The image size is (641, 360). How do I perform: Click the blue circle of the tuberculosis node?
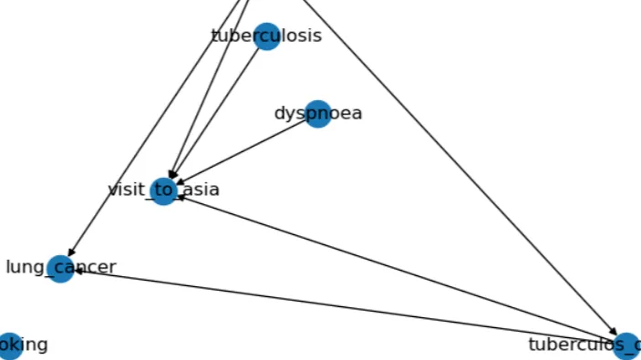tap(266, 36)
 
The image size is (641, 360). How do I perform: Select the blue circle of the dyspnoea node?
tap(317, 114)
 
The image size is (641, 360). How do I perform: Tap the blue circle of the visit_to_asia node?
tap(163, 191)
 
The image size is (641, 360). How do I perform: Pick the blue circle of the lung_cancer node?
tap(60, 269)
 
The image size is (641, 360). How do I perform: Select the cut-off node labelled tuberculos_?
tap(626, 345)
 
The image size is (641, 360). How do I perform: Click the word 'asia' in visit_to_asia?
tap(201, 190)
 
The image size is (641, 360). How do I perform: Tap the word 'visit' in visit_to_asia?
tap(127, 190)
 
